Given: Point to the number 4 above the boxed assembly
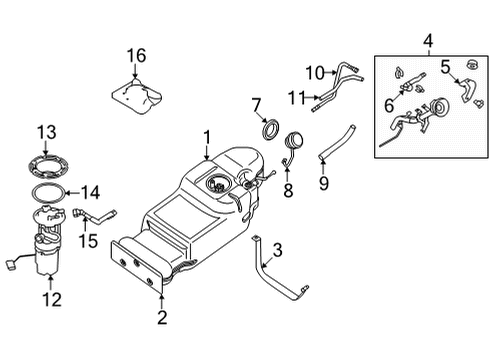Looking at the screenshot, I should click(428, 41).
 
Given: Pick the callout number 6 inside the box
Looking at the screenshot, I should click(388, 105).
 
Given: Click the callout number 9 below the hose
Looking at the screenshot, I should click(322, 183).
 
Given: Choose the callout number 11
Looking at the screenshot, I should click(296, 96).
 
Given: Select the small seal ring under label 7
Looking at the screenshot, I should click(269, 130).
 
